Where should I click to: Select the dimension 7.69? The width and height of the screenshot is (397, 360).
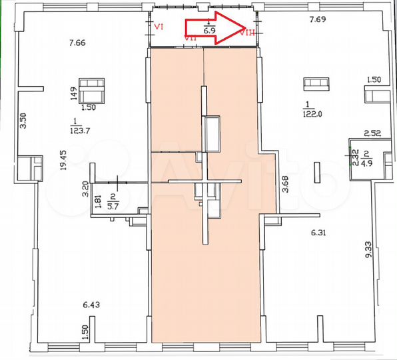tap(318, 21)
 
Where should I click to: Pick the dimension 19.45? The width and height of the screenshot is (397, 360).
tap(61, 161)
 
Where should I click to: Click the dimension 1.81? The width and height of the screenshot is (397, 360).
tap(98, 202)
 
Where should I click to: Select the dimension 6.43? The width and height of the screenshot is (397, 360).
tap(91, 305)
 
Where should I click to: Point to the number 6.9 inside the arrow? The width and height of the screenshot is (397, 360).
tap(208, 31)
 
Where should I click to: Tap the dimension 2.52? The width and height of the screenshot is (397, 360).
tap(371, 133)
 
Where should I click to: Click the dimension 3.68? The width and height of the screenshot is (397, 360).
tap(286, 184)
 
